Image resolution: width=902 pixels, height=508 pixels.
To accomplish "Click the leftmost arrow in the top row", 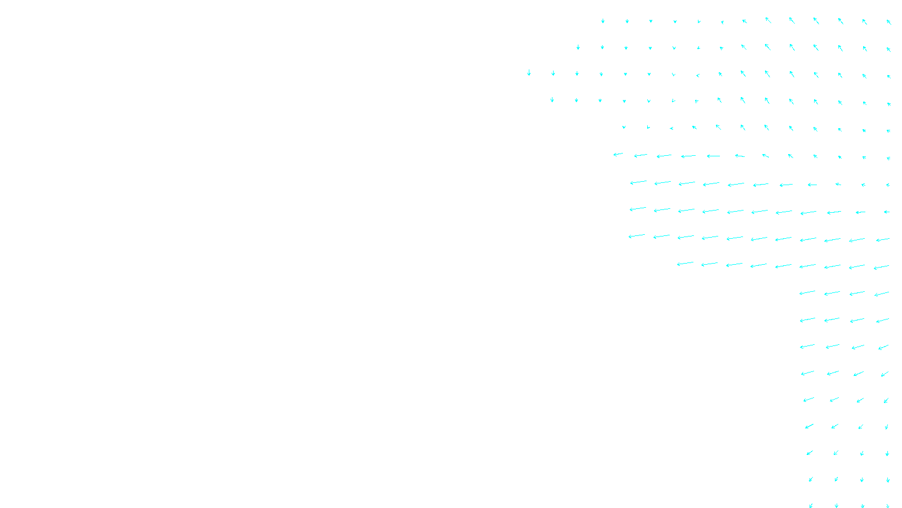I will pyautogui.click(x=603, y=21).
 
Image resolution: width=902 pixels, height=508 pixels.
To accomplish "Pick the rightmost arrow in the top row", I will pyautogui.click(x=888, y=22).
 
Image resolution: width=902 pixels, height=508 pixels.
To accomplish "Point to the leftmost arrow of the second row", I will pyautogui.click(x=578, y=47).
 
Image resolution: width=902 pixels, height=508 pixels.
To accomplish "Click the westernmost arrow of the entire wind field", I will pyautogui.click(x=529, y=73).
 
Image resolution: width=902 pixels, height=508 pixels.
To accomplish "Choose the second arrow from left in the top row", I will pyautogui.click(x=627, y=21).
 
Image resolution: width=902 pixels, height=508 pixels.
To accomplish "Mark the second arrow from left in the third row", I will pyautogui.click(x=553, y=73).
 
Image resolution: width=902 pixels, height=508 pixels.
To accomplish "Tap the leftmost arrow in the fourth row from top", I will pyautogui.click(x=552, y=100).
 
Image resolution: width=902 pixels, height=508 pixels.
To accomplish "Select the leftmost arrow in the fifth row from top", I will pyautogui.click(x=624, y=128).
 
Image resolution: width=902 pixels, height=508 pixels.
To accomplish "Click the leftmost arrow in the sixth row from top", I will pyautogui.click(x=618, y=154).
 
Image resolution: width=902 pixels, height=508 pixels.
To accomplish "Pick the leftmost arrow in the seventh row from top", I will pyautogui.click(x=638, y=182).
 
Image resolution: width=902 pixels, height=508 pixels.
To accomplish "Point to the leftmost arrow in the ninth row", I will pyautogui.click(x=636, y=236).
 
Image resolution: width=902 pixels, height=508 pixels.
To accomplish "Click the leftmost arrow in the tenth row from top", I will pyautogui.click(x=685, y=263).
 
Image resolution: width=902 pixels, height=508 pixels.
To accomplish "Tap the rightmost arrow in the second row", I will pyautogui.click(x=888, y=49).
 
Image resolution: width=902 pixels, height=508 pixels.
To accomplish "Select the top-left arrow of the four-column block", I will pyautogui.click(x=807, y=292).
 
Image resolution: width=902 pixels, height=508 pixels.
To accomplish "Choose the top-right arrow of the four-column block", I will pyautogui.click(x=882, y=294).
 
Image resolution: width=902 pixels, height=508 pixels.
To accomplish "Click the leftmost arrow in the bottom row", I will pyautogui.click(x=811, y=505).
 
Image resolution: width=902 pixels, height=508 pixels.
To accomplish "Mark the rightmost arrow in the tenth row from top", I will pyautogui.click(x=882, y=267).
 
